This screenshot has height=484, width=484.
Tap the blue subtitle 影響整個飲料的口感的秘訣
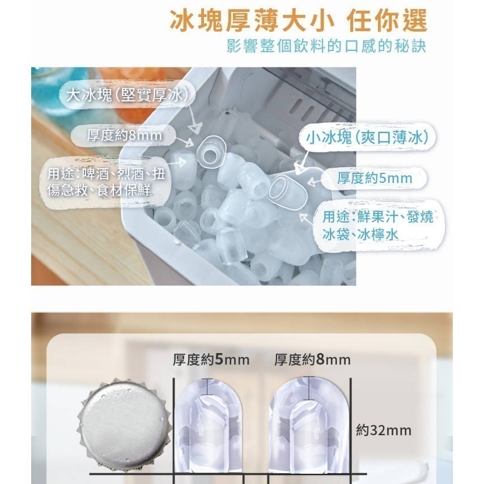click(x=325, y=46)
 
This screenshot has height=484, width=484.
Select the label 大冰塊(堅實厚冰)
click(x=126, y=95)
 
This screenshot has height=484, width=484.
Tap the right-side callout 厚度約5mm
click(x=375, y=178)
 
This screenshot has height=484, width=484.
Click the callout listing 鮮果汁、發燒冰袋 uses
click(x=377, y=224)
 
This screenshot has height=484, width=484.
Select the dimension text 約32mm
click(x=384, y=430)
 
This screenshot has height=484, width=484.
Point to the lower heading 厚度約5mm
click(x=211, y=359)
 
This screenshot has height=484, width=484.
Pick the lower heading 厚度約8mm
click(x=312, y=359)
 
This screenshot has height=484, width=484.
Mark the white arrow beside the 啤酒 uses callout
click(x=177, y=163)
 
